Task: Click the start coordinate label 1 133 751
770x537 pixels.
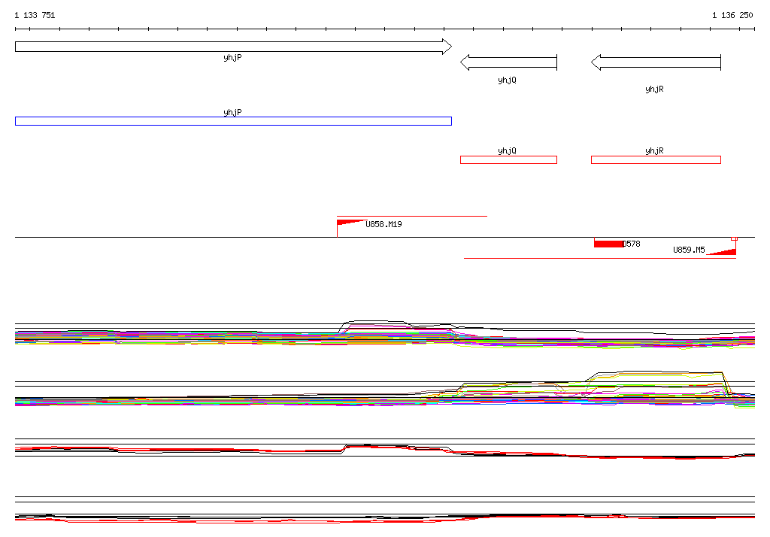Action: tap(35, 15)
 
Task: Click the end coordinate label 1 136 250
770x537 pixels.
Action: tap(732, 15)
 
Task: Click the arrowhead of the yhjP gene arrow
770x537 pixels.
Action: tap(447, 47)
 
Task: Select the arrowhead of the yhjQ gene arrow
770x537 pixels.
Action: tap(465, 62)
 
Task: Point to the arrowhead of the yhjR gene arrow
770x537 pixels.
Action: tap(596, 62)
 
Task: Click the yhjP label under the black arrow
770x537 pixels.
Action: tap(232, 57)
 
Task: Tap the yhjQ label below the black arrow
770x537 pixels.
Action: tap(507, 80)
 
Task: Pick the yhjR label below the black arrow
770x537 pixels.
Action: tap(654, 89)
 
